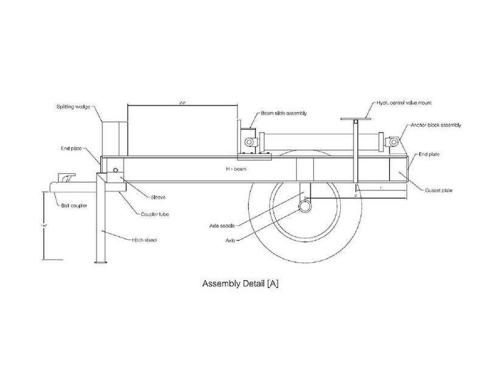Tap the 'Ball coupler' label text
tap(72, 206)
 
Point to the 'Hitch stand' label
tap(144, 240)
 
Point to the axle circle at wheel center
tap(304, 207)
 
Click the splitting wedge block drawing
tap(113, 137)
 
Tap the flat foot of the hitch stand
tap(101, 263)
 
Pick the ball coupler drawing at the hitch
tap(64, 181)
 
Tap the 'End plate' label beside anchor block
tap(430, 155)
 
